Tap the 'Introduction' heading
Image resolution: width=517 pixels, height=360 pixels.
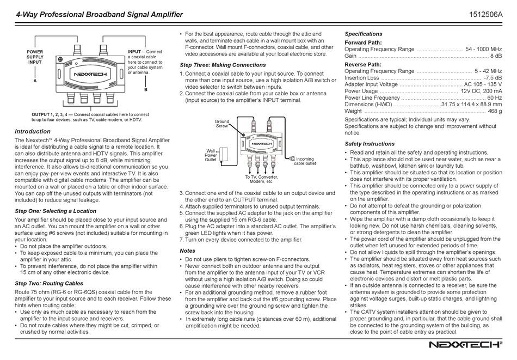coord(32,131)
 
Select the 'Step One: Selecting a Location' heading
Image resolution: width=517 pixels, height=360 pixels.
coord(56,211)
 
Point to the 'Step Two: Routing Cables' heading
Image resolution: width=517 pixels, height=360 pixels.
coord(49,283)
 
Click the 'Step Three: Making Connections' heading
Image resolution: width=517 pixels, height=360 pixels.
coord(223,65)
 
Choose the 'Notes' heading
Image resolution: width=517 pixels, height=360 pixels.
coord(187,251)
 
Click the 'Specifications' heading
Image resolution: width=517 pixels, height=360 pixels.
coord(364,34)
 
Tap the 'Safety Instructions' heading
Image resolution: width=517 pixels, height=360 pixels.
coord(370,144)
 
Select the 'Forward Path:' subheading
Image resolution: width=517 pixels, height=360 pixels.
coord(363,42)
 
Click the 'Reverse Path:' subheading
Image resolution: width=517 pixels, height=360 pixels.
coord(364,64)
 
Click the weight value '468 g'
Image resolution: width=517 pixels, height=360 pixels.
coord(495,111)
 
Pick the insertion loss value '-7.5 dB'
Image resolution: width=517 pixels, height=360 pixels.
coord(492,78)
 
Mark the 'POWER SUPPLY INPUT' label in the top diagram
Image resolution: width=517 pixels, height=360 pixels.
coord(35,57)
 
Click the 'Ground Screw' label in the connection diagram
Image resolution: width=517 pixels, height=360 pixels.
coord(221,124)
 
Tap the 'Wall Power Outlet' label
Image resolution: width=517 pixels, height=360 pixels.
coord(211,155)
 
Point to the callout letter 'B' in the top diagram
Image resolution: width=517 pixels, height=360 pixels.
coord(145,88)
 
